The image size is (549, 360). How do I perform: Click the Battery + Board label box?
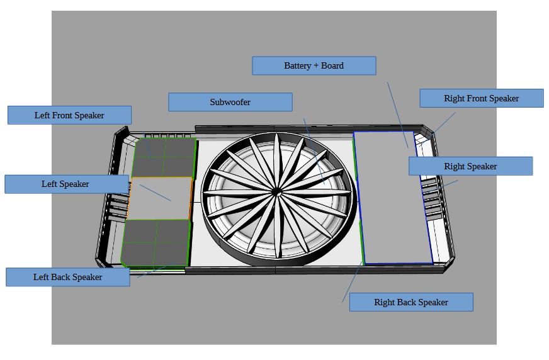tap(314, 66)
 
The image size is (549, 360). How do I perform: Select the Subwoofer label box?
tap(230, 102)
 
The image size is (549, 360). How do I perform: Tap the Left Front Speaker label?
tap(70, 115)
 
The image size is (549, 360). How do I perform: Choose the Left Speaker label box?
tap(67, 184)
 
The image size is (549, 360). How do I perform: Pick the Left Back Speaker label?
tap(68, 277)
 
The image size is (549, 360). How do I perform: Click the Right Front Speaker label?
tap(482, 98)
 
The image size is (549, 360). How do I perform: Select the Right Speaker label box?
tap(470, 166)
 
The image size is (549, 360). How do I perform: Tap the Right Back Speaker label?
tap(411, 302)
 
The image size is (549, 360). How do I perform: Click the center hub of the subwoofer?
tap(276, 192)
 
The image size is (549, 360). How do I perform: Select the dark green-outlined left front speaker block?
tap(164, 157)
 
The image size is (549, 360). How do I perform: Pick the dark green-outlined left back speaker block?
tap(156, 243)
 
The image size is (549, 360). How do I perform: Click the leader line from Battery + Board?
tap(398, 115)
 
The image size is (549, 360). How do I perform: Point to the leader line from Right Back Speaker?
tap(352, 281)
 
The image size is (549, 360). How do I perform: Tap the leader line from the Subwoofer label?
tap(314, 151)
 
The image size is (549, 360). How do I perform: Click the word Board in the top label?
tap(332, 66)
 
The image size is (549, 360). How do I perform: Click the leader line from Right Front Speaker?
tap(438, 128)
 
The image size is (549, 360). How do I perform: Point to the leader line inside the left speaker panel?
tap(156, 193)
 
